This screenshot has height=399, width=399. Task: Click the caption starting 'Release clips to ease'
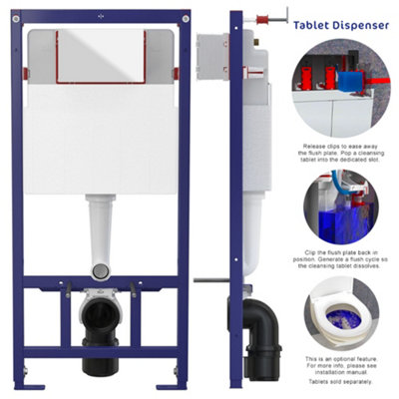pyautogui.click(x=344, y=155)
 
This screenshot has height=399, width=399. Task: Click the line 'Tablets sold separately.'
pyautogui.click(x=344, y=380)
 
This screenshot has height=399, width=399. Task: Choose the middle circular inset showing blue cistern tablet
pyautogui.click(x=344, y=204)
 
